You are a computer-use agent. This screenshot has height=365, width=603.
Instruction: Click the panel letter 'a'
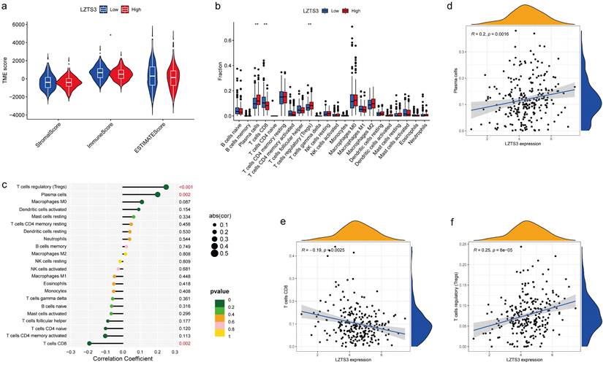point(6,6)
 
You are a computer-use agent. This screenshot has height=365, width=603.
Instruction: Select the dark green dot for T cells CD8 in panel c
point(88,342)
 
